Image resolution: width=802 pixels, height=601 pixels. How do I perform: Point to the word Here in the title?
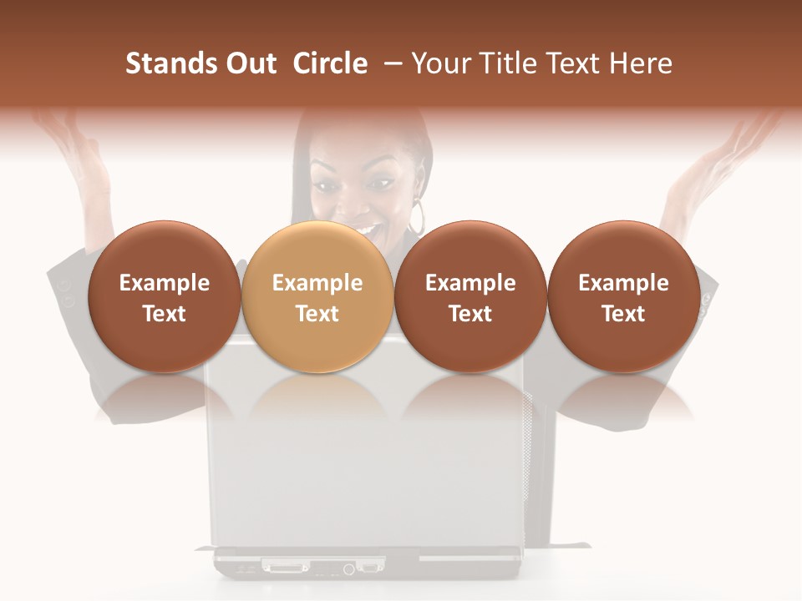coord(642,63)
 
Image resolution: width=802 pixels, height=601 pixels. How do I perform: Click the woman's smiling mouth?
coord(365,224)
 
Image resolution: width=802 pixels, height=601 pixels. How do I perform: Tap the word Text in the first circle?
coord(165,314)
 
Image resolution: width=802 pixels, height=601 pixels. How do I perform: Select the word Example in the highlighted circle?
coord(317,283)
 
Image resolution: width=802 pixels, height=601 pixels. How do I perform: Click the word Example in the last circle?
coord(623,283)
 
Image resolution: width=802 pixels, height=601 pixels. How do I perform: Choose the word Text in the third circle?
coord(470,314)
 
